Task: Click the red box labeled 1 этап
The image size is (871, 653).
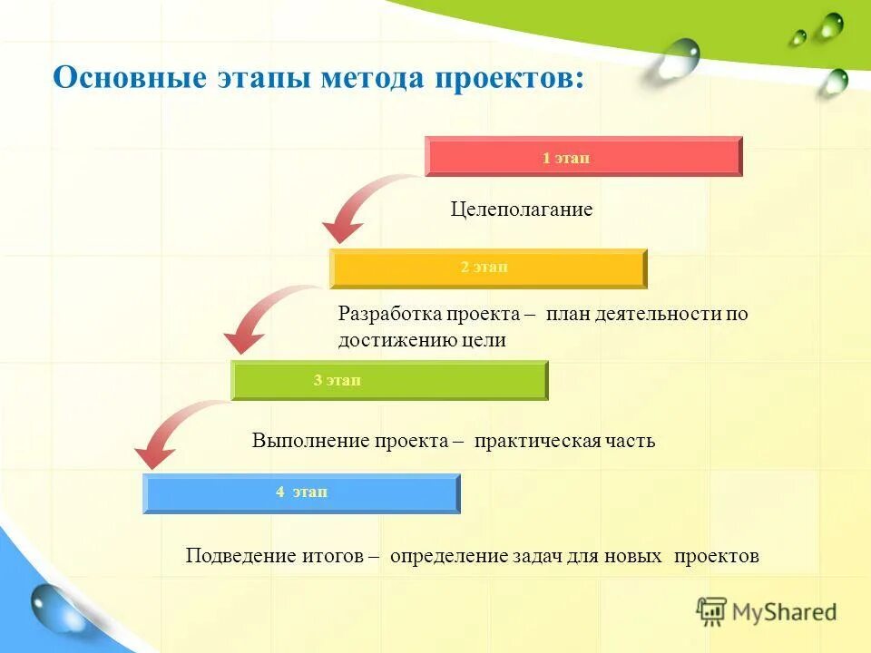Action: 583,156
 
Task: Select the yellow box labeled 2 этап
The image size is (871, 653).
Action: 488,268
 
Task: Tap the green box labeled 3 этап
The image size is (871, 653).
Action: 389,380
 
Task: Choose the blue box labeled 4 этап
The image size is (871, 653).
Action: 301,492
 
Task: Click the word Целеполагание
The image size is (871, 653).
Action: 522,210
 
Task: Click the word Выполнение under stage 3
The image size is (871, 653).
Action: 311,441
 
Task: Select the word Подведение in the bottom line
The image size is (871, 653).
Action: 240,555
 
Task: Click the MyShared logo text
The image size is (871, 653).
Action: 784,612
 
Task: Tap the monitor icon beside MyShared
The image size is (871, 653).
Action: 711,611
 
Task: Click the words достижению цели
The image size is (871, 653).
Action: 422,340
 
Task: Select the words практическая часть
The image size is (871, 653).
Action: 564,441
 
